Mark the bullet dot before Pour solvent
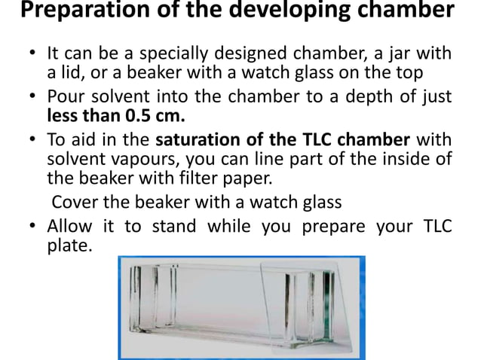point(34,99)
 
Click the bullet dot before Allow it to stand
point(34,226)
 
